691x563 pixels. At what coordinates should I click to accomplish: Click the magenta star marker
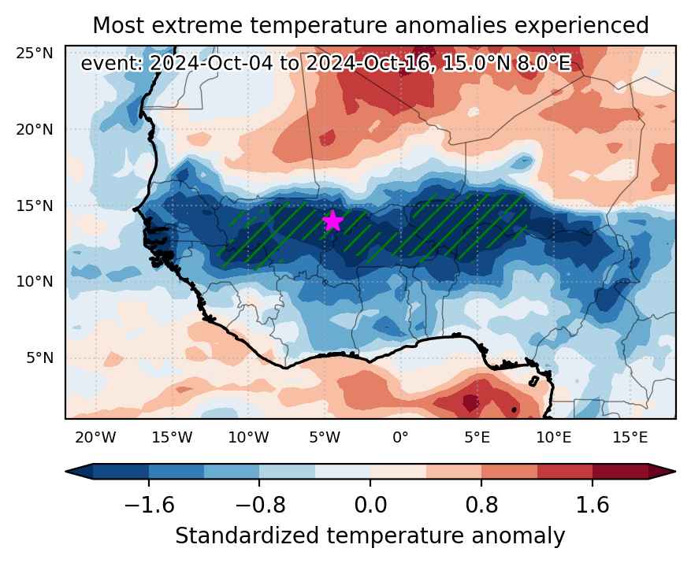pos(332,220)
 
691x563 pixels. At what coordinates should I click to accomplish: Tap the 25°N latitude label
pos(35,54)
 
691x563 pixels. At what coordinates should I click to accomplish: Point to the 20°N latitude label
pos(35,130)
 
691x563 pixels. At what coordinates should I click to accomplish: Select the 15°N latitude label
pos(35,206)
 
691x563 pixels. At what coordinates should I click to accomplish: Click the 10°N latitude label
pos(35,282)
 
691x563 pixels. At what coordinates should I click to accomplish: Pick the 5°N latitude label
pos(39,357)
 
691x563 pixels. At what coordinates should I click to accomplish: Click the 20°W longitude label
pos(95,438)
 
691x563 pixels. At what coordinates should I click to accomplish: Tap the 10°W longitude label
pos(248,438)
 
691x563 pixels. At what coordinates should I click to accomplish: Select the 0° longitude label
pos(400,438)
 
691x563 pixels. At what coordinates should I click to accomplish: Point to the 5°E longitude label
pos(477,438)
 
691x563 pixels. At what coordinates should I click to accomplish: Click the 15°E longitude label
pos(630,438)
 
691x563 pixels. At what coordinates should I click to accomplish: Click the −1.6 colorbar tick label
pos(150,505)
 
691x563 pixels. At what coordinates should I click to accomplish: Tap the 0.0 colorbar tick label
pos(370,505)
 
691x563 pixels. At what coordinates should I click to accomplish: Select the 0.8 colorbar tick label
pos(481,505)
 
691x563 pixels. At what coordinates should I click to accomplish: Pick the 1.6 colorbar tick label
pos(593,505)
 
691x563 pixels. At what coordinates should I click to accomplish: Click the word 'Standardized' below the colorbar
pos(247,536)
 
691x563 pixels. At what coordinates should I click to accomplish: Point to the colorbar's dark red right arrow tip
pos(674,472)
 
